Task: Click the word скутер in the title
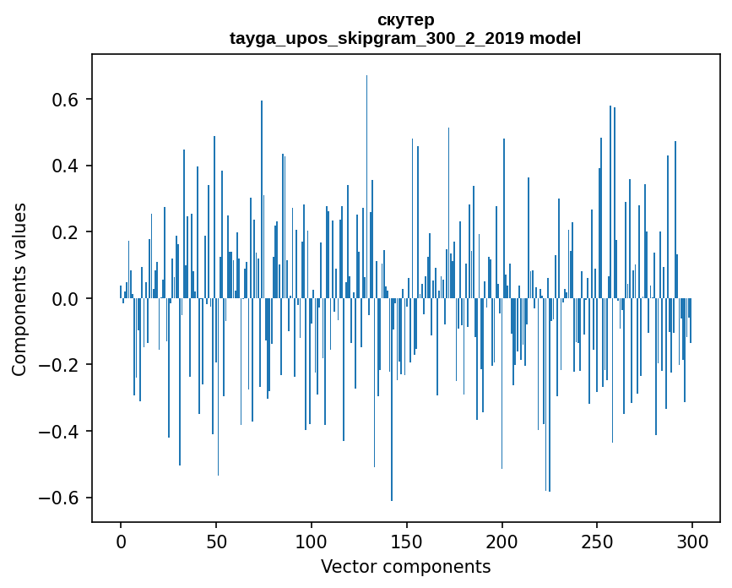[406, 19]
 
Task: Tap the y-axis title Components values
[19, 289]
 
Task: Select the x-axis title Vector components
[405, 566]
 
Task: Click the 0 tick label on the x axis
[121, 539]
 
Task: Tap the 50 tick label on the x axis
[216, 539]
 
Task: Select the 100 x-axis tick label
[312, 539]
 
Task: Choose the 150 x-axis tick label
[407, 539]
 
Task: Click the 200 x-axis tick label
[502, 539]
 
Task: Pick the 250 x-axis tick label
[598, 539]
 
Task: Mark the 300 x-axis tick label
[693, 539]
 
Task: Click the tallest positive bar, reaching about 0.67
[366, 186]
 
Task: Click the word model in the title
[555, 38]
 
